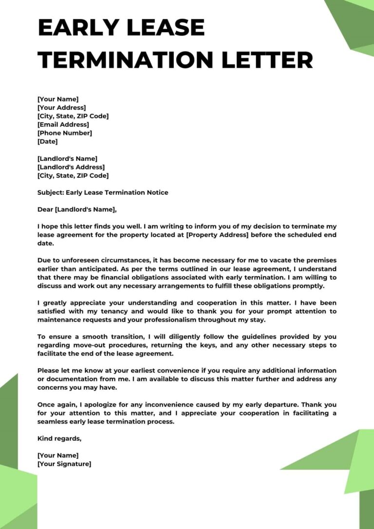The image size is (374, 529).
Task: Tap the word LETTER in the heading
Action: pyautogui.click(x=266, y=60)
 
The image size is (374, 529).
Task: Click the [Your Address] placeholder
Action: pyautogui.click(x=61, y=108)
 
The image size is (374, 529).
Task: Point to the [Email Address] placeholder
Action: pyautogui.click(x=63, y=125)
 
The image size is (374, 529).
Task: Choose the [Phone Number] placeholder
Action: pyautogui.click(x=64, y=133)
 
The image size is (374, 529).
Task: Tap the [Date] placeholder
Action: pyautogui.click(x=47, y=142)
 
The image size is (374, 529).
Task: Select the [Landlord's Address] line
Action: pyautogui.click(x=71, y=167)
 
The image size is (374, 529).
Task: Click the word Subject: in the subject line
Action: pyautogui.click(x=51, y=192)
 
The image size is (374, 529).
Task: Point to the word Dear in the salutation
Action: pyautogui.click(x=45, y=210)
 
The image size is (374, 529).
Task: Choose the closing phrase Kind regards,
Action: pyautogui.click(x=59, y=438)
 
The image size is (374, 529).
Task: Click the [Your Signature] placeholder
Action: pyautogui.click(x=64, y=464)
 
